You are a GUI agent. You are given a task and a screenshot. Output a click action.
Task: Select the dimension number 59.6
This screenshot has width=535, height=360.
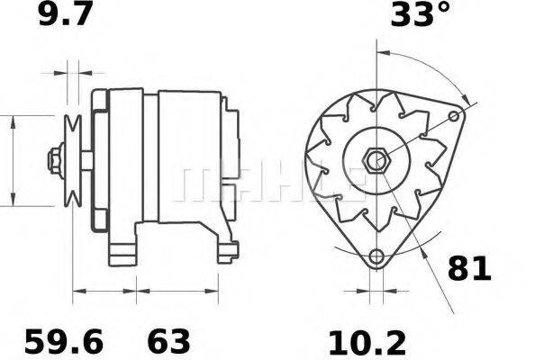pos(64,341)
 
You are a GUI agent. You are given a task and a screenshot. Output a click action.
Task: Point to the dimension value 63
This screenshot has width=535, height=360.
pos(168,341)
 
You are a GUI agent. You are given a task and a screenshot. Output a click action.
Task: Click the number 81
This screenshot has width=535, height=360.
pos(469,268)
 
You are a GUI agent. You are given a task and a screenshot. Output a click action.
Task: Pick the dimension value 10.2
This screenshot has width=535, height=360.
pos(367,341)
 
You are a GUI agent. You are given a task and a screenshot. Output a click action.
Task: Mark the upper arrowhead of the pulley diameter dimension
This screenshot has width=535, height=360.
pos(14,120)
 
